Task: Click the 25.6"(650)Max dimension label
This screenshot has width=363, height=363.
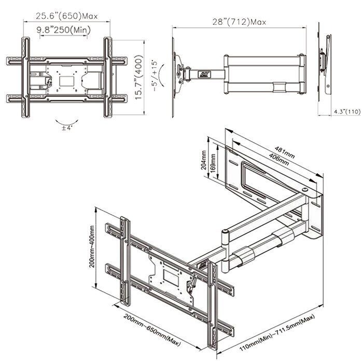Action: click(x=67, y=16)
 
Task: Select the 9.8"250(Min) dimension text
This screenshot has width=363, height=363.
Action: click(x=63, y=30)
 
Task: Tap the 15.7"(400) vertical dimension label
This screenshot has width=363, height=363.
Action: click(x=138, y=77)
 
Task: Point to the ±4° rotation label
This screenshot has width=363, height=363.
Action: click(x=67, y=128)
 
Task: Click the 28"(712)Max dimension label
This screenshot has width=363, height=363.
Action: click(x=240, y=22)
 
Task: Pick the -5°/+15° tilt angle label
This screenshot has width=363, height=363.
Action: click(x=155, y=76)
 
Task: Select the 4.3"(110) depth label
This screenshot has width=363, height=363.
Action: click(x=347, y=111)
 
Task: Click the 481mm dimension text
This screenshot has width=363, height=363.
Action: click(x=285, y=152)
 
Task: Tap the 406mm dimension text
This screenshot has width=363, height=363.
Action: click(x=279, y=159)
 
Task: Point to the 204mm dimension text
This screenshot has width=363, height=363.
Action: click(x=203, y=160)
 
